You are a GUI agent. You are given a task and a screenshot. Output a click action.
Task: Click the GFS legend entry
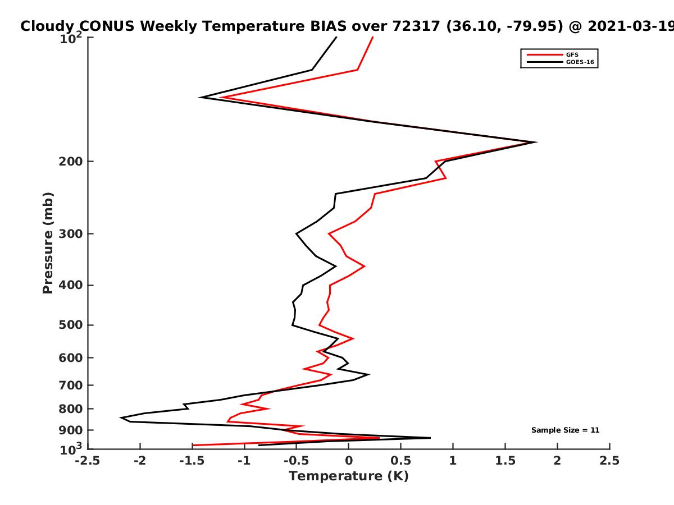coord(553,54)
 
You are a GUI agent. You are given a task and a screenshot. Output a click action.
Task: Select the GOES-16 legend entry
coord(560,62)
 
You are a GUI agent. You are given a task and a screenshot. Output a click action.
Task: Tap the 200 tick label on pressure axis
coord(71,161)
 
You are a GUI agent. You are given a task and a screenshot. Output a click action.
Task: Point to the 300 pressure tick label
coord(71,234)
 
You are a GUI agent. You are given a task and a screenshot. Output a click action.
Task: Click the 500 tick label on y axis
coord(71,325)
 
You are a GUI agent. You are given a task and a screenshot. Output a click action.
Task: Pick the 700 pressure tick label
coord(71,385)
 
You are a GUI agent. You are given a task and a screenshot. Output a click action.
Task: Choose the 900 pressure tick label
coord(71,430)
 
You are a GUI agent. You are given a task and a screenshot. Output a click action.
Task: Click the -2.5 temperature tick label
coord(88,461)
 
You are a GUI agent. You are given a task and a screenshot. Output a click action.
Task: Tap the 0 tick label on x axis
coord(349,461)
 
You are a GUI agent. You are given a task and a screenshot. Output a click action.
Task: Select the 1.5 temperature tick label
coord(505,461)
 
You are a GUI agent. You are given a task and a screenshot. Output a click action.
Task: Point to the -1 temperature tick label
coord(244,461)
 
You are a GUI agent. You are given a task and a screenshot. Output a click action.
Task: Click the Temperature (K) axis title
coord(349,476)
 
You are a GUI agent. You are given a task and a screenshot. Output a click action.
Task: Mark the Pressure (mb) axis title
coord(48,243)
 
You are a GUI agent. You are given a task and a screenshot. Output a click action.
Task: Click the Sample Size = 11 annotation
coord(565,430)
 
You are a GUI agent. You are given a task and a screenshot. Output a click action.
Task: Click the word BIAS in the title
coord(329,26)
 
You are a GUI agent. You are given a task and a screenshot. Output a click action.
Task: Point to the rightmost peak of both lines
coord(535,142)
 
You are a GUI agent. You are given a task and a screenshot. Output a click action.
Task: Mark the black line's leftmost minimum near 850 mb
coord(121,417)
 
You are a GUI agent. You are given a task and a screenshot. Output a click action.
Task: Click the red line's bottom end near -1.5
coord(193,445)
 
